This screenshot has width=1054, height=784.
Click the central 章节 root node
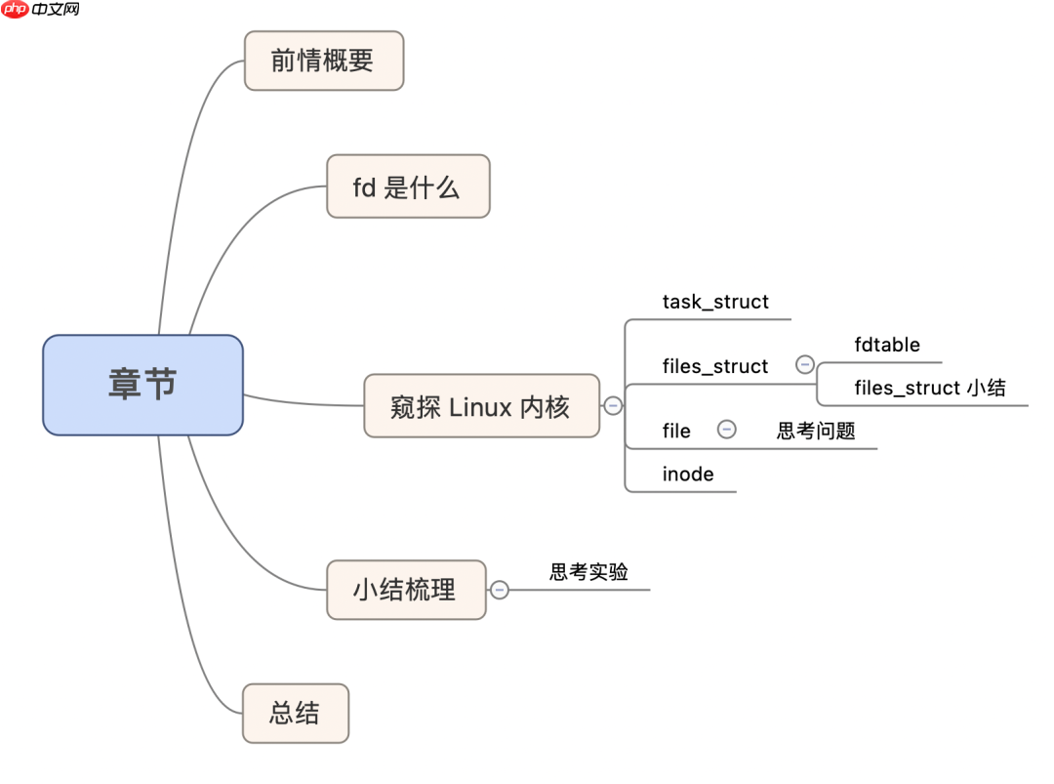coord(142,385)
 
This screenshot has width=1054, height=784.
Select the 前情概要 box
coord(323,61)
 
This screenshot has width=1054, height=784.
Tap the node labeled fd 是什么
coord(407,186)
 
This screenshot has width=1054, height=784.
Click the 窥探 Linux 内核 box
coord(481,406)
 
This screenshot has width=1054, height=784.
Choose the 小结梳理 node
coord(405,590)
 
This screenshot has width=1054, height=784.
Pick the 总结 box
coord(295,713)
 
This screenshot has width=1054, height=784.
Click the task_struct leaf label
coord(715,302)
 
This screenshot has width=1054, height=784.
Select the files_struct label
coord(715,366)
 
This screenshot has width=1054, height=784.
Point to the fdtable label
coord(887,345)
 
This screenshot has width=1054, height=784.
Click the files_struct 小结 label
coord(929,388)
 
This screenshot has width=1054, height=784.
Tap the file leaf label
coord(676,431)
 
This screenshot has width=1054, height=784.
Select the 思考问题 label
coord(816,431)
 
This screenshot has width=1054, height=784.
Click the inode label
coord(688,475)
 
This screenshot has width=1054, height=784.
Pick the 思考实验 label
coord(588,572)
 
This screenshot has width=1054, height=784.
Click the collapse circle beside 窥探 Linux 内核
coord(613,406)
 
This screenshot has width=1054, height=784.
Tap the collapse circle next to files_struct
coord(805,364)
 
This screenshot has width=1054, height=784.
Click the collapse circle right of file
coord(727,429)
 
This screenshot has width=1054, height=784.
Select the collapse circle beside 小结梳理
coord(500,590)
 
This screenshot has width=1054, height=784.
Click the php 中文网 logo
coord(41,10)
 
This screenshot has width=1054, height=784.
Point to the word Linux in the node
coord(480,406)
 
